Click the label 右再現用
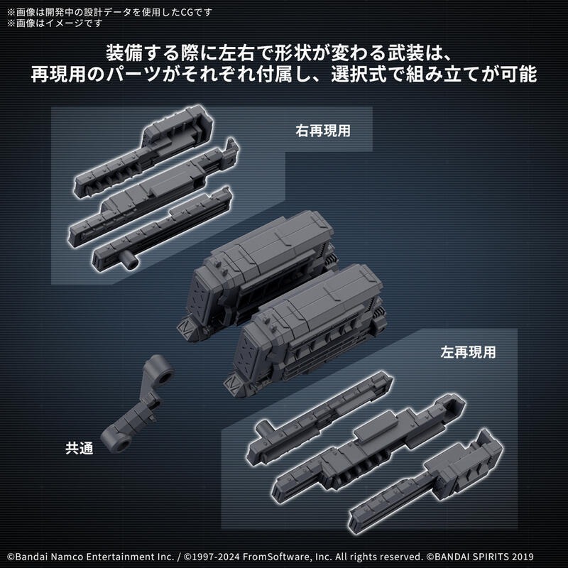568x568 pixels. (x=324, y=131)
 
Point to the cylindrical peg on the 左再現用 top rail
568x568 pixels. (x=267, y=427)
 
